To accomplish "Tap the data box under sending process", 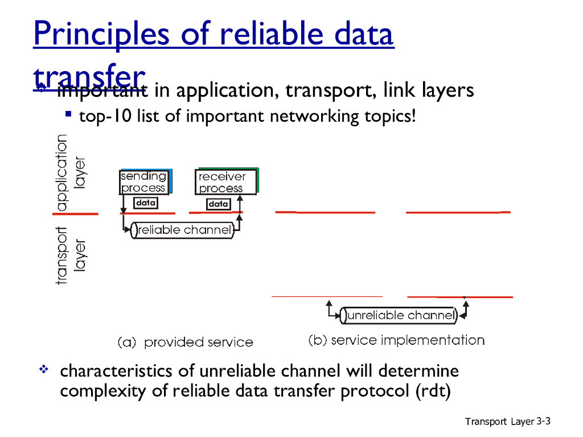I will [x=146, y=203].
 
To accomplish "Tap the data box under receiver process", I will [x=218, y=204].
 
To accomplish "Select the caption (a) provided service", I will [x=185, y=343].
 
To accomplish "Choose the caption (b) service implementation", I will [x=396, y=340].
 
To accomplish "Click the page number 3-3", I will [x=544, y=421].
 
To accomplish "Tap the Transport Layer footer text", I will [x=499, y=422].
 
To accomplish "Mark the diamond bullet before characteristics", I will [x=43, y=370].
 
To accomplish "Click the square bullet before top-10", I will [x=68, y=114].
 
